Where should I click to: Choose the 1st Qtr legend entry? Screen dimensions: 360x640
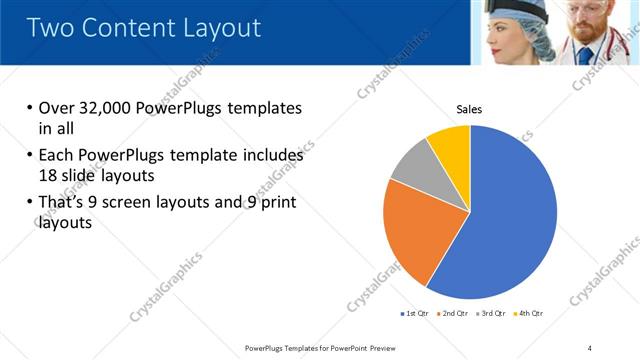[x=415, y=313]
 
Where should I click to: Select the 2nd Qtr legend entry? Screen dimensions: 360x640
[x=455, y=313]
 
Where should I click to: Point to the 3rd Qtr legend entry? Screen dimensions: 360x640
[x=493, y=313]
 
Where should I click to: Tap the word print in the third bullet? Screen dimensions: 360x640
[x=276, y=204]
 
